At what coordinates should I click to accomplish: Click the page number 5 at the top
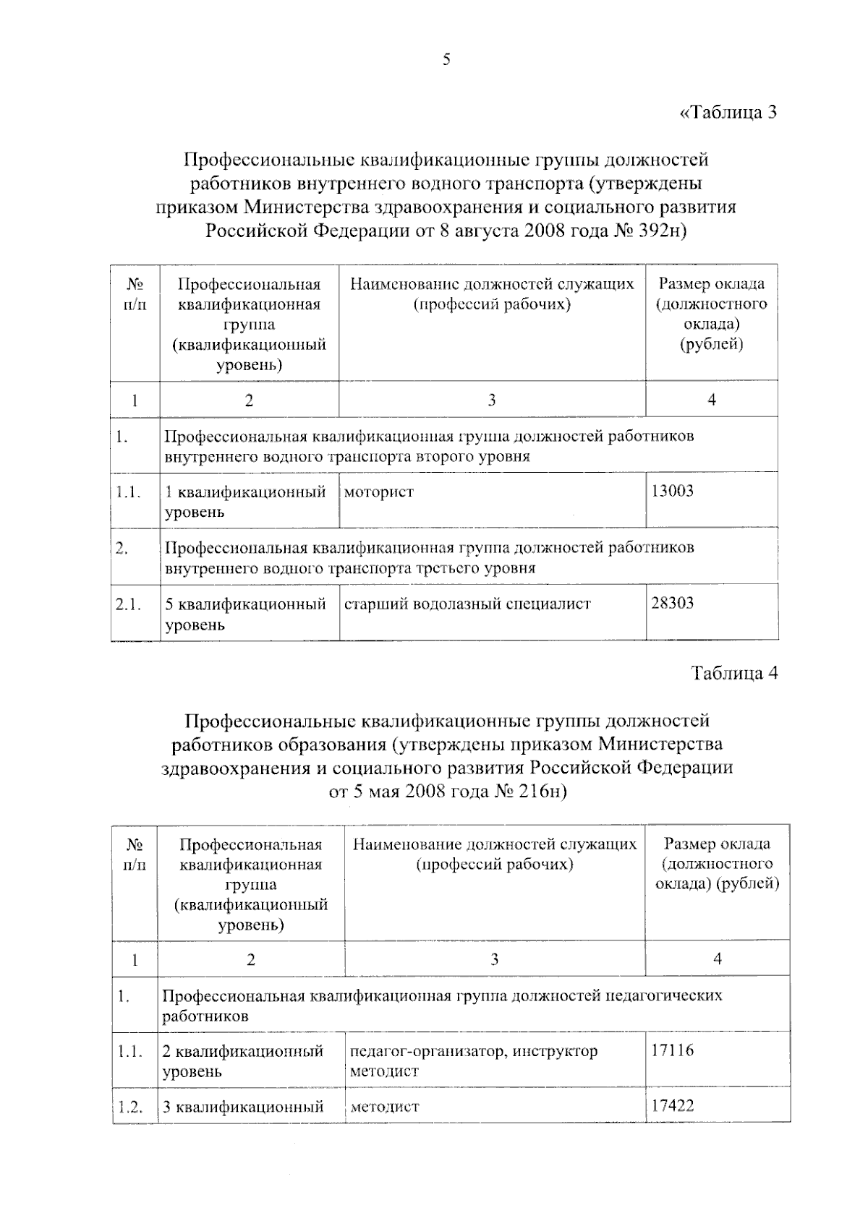coord(446,60)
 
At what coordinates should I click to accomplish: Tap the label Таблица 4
coord(734,673)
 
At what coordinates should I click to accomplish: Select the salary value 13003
coord(672,492)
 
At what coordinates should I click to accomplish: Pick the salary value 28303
coord(672,603)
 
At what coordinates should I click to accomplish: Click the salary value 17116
coord(672,1050)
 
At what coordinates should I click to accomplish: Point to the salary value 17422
coord(672,1105)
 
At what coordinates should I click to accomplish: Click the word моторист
coord(378,492)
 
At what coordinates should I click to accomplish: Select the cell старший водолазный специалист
coord(467,604)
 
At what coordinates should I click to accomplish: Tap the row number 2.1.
coord(128,604)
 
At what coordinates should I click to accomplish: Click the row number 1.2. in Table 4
coord(129,1106)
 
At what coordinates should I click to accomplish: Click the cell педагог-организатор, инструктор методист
coord(474,1060)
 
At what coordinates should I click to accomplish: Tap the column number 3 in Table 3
coord(491,400)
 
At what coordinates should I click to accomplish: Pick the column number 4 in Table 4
coord(717,959)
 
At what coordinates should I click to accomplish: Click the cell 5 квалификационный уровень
coord(245,614)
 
